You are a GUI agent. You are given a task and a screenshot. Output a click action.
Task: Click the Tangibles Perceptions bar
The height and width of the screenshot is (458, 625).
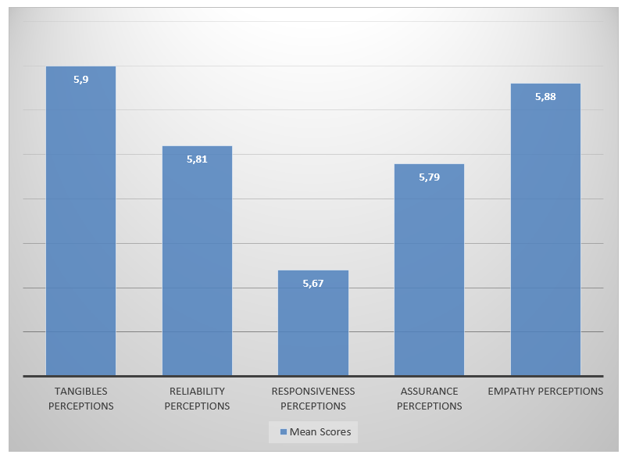(x=80, y=227)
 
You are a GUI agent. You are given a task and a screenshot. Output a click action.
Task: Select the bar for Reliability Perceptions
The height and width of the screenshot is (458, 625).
(x=197, y=266)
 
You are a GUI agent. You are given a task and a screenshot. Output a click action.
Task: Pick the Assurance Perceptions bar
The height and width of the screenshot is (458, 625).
(x=429, y=274)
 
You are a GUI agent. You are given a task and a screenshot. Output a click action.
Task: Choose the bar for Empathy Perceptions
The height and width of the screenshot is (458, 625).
(x=545, y=234)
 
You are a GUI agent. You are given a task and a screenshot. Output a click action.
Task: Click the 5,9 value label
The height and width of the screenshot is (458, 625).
(x=80, y=79)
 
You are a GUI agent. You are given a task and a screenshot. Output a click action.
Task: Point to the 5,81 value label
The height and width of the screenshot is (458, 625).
(x=197, y=159)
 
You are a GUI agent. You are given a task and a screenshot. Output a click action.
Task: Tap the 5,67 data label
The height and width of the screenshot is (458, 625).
(x=313, y=283)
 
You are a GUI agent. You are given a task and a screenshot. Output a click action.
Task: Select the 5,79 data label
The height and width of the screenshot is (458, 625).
(x=429, y=177)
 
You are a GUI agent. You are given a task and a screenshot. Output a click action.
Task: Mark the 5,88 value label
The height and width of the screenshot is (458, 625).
(x=545, y=96)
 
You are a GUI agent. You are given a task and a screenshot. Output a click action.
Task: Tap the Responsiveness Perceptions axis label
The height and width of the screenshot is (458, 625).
(x=313, y=399)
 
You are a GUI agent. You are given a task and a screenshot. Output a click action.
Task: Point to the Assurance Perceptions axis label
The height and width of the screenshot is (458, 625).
(x=429, y=399)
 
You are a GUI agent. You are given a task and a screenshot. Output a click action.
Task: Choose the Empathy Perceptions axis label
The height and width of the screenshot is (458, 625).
(x=545, y=391)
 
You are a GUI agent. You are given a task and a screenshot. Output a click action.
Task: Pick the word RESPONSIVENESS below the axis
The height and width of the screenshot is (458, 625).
(x=313, y=391)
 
